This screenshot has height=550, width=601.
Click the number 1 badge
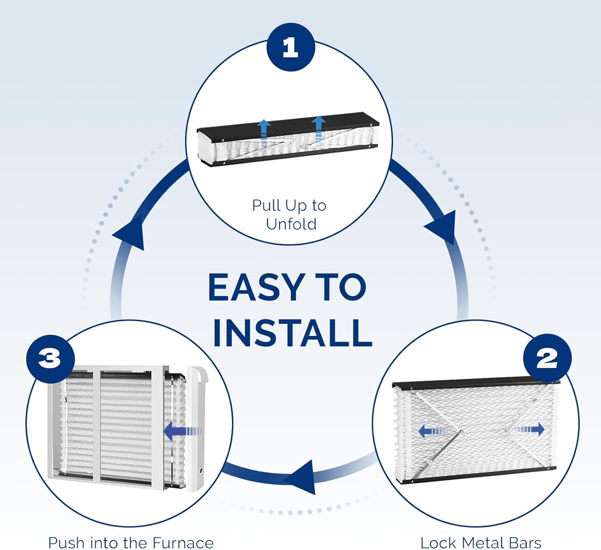pos(290,47)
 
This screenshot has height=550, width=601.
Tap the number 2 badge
pos(547,358)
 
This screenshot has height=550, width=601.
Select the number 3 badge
pos(50,358)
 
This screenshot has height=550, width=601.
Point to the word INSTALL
pos(292,333)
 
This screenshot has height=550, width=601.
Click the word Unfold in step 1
pos(291,224)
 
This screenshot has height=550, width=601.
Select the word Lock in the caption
pos(439,543)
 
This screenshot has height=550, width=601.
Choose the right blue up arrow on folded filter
pos(319,129)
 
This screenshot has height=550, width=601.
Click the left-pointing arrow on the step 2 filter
pos(431,431)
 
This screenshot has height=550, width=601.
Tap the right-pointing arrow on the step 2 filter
pos(531,430)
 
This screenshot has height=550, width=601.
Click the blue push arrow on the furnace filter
pos(180,431)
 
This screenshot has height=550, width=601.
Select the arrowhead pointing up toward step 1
pos(130,235)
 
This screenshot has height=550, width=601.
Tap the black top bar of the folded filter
pos(288,121)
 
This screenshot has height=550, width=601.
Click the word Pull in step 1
pos(266,205)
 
